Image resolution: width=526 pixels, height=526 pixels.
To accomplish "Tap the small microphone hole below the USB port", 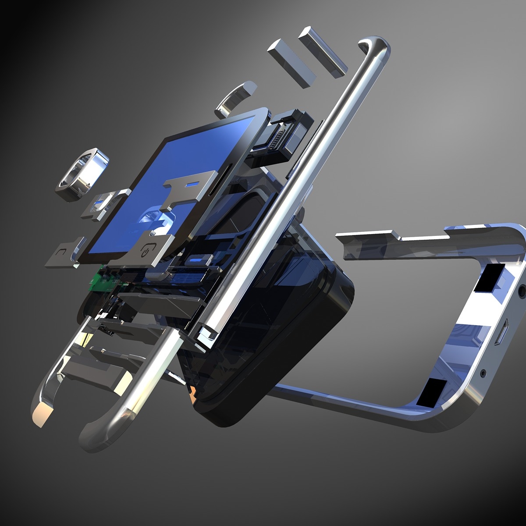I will (x=483, y=373).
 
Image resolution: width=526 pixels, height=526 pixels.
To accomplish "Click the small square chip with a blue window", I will (x=99, y=204).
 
